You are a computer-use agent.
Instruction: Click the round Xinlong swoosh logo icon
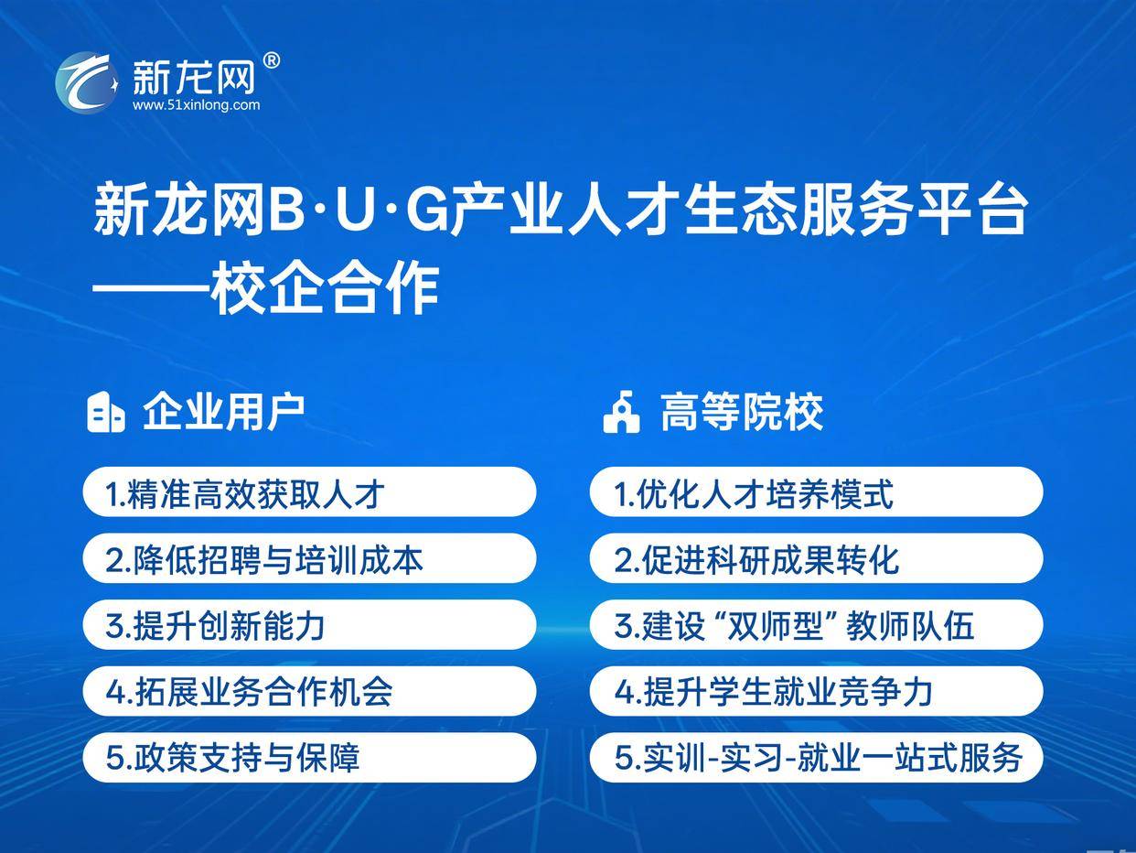pos(87,83)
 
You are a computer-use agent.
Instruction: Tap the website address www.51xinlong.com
pos(196,105)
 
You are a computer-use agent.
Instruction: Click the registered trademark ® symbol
pos(272,60)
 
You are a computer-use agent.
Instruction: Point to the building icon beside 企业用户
pos(106,412)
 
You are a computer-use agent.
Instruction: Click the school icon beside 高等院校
pos(622,412)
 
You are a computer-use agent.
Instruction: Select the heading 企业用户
pos(223,412)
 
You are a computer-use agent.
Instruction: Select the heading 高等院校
pos(742,412)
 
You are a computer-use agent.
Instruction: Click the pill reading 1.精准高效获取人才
pos(309,492)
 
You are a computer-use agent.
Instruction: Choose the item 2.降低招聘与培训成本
pos(309,558)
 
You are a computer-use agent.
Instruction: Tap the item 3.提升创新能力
pos(309,624)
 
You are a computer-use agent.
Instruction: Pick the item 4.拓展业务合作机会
pos(309,691)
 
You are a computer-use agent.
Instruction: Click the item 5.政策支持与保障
pos(309,757)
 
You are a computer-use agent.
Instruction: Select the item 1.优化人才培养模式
pos(816,492)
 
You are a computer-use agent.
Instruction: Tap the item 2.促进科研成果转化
pos(816,558)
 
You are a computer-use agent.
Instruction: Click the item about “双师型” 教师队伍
pos(816,624)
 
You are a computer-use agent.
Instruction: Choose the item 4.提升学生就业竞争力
pos(816,691)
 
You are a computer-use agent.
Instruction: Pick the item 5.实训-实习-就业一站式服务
pos(816,757)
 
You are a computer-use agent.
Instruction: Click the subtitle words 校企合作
pos(326,288)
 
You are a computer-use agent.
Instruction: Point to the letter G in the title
pos(427,211)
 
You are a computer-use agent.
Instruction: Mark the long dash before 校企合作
pos(151,289)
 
